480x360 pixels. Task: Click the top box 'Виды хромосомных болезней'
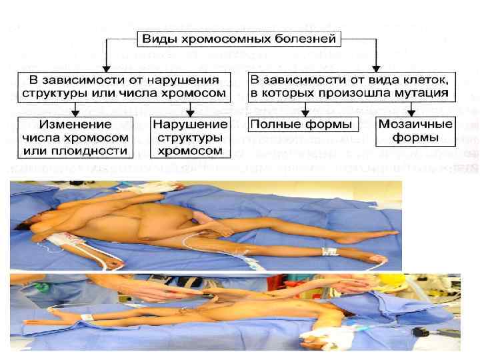[240, 39]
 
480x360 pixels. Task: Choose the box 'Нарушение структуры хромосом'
[190, 137]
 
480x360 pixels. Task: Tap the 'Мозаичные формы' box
[415, 131]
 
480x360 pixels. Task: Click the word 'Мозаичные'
[415, 125]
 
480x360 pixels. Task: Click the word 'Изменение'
[74, 125]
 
